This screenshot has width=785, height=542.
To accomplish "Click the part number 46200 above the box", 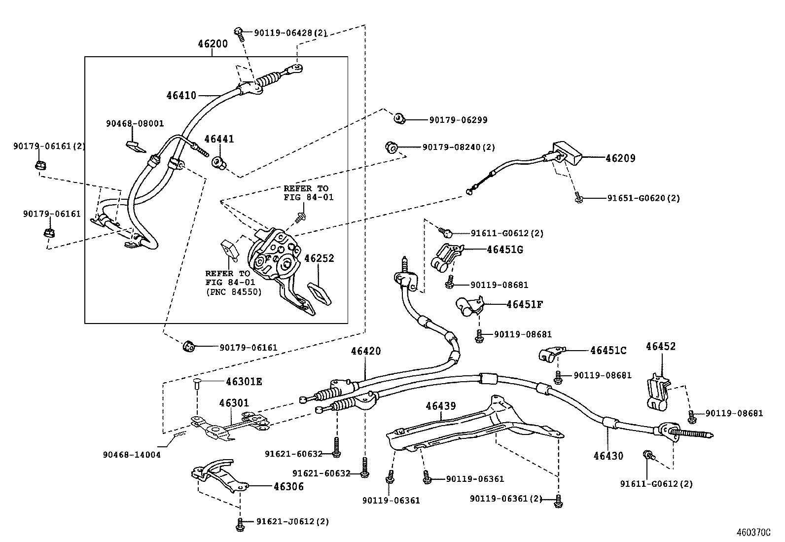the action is (x=213, y=44).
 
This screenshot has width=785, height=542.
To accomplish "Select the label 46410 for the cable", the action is (x=181, y=95).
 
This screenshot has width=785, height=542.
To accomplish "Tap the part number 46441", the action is (x=219, y=139).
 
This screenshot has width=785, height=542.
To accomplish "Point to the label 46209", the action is (x=620, y=158).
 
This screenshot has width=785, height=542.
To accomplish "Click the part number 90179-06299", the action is (x=459, y=120).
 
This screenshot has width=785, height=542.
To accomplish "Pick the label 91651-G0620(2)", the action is (x=643, y=198).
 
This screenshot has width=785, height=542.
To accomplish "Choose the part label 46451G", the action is (x=504, y=250).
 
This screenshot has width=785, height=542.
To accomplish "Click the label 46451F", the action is (x=525, y=304).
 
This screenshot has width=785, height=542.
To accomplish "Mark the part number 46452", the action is (x=661, y=346).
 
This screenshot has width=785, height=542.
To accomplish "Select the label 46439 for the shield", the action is (x=440, y=406).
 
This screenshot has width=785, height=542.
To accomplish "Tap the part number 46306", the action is (x=288, y=487).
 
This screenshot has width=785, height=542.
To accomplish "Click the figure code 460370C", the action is (x=753, y=533).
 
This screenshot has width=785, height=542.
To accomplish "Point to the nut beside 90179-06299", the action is (x=399, y=118).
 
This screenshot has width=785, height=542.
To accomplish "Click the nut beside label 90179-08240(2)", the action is (x=391, y=147).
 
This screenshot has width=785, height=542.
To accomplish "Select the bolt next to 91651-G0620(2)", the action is (x=578, y=197).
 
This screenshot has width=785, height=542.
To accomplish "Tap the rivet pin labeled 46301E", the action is (x=197, y=384).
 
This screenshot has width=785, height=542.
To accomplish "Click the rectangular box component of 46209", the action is (x=567, y=154).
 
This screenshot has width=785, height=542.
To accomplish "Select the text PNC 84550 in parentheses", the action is (x=233, y=291).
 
